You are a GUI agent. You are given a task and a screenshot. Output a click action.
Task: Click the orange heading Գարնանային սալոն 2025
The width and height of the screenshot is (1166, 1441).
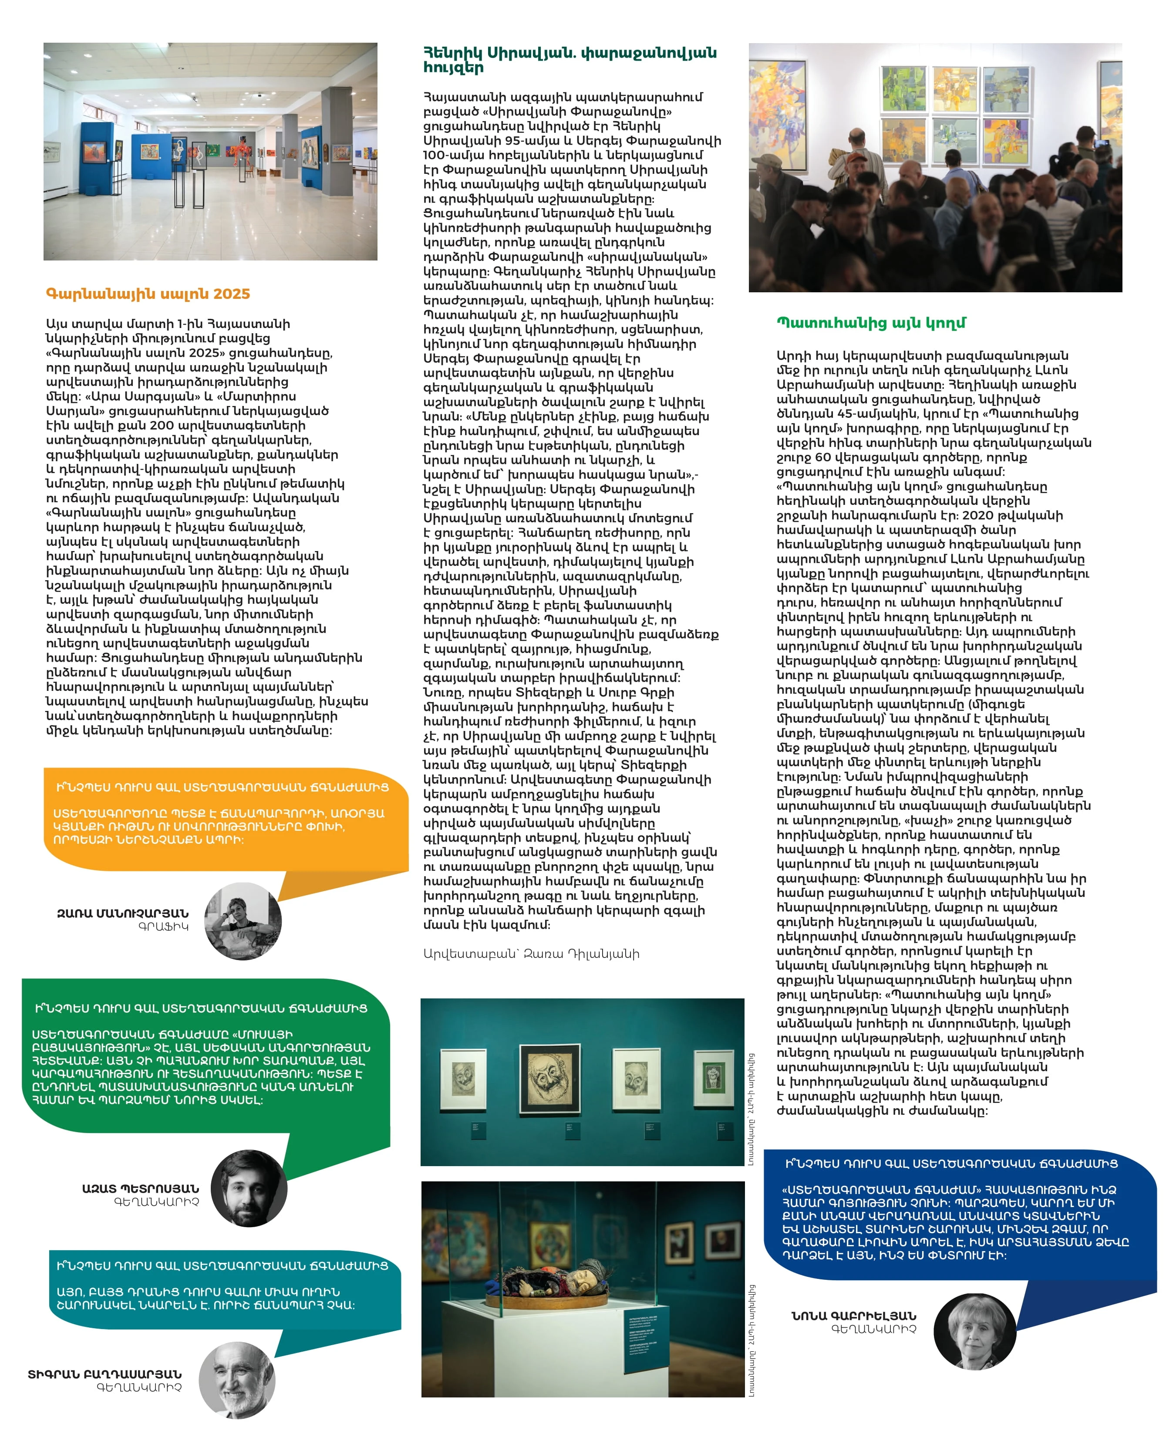pos(148,294)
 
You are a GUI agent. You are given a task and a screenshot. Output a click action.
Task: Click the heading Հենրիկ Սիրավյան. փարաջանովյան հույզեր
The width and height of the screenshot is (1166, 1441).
pos(570,60)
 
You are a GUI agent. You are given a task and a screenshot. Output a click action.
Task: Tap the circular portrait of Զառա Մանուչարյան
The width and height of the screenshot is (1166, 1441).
pos(243,921)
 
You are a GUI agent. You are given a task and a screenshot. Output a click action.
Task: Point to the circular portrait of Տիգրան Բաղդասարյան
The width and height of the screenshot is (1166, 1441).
pos(237,1380)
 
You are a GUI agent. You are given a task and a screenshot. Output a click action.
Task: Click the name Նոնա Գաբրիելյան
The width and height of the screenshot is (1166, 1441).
pos(853,1316)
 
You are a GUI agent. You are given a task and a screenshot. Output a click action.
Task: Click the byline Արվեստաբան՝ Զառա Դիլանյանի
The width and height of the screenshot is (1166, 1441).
pos(531,954)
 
